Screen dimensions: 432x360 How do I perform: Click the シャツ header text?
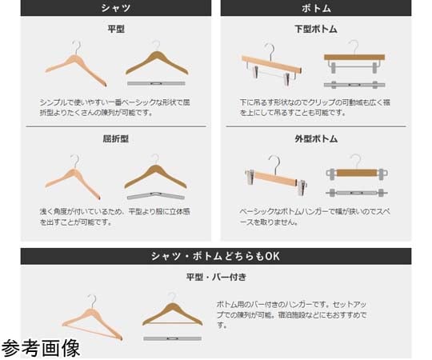pos(116,8)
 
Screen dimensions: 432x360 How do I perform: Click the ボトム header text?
pos(316,8)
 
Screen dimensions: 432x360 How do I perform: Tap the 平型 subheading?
pos(116,29)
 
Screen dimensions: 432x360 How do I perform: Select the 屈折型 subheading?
pos(116,139)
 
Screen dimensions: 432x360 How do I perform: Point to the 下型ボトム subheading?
pos(316,29)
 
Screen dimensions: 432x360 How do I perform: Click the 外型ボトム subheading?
pos(316,139)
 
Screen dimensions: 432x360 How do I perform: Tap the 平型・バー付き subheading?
pos(216,277)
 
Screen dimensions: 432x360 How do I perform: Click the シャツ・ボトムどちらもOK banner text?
pos(216,256)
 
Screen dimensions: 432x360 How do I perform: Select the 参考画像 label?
pos(41,348)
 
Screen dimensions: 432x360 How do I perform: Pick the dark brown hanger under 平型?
pos(157,62)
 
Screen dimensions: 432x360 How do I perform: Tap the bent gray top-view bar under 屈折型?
pos(156,195)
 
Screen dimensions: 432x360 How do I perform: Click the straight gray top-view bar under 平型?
pos(156,83)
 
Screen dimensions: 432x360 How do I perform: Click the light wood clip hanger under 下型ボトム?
pos(271,64)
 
